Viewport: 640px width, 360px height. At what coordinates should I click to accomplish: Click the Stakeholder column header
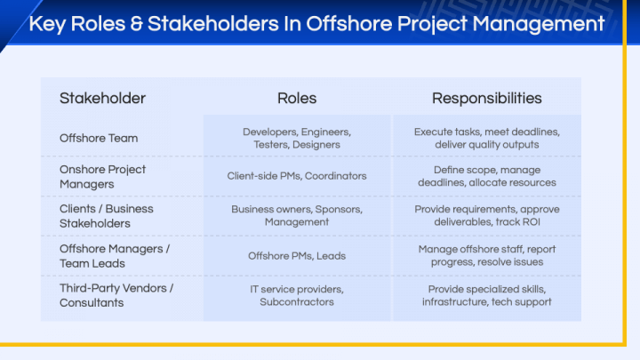point(102,98)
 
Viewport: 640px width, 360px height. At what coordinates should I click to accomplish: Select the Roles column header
point(297,98)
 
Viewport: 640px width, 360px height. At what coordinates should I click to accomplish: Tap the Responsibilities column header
point(486,98)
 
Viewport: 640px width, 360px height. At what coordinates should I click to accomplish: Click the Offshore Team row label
point(99,138)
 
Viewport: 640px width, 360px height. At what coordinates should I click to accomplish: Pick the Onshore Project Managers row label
point(102,176)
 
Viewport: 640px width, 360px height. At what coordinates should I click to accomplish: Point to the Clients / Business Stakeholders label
point(106,215)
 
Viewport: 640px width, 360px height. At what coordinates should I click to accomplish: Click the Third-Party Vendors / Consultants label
point(116,295)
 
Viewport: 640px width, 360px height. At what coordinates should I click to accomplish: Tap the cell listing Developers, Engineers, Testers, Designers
point(297,138)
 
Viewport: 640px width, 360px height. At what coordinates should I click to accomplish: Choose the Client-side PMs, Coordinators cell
point(297,176)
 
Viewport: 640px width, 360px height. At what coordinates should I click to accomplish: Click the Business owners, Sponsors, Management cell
point(297,215)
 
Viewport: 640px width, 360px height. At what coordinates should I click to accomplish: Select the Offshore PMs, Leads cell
point(297,255)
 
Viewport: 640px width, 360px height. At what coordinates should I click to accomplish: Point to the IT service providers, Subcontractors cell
point(297,295)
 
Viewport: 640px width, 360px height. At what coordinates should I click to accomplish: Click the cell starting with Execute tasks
point(486,138)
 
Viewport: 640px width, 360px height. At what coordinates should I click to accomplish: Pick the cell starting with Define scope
point(486,176)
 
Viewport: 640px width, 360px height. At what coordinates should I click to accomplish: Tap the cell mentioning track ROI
point(486,215)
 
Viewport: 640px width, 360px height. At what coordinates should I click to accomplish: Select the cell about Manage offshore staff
point(486,255)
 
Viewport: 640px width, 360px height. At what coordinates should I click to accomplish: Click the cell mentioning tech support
point(486,295)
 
